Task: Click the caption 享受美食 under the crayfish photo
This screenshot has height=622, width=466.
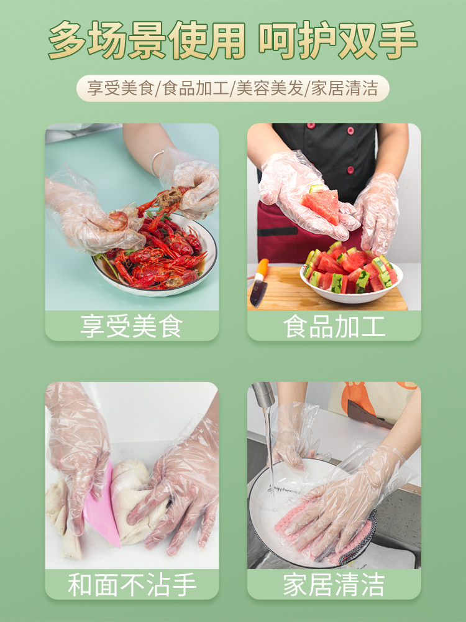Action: (132, 326)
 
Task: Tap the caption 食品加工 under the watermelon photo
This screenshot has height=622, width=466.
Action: (334, 326)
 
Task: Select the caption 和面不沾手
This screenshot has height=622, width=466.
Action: (132, 584)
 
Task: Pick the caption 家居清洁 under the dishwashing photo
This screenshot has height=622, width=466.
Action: (334, 584)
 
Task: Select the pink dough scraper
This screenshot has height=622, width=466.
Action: (103, 507)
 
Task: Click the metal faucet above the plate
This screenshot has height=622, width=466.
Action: (263, 394)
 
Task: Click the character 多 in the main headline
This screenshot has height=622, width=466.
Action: (67, 40)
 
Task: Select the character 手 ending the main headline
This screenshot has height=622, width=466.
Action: (398, 40)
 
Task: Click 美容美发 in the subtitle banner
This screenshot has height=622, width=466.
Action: (270, 88)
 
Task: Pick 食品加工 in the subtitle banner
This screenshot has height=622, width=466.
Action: (196, 88)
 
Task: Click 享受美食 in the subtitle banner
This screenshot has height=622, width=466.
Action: (120, 88)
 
